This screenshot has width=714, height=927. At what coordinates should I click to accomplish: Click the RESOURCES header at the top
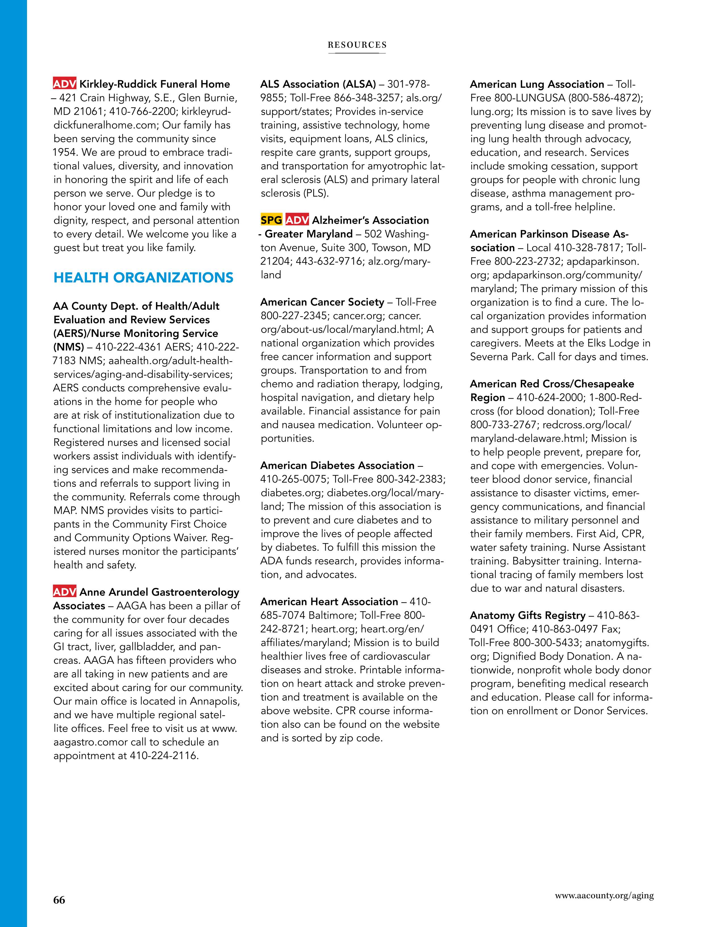[357, 45]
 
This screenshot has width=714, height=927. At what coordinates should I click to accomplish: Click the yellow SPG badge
[271, 220]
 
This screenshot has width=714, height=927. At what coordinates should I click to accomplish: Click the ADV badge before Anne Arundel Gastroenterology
[65, 592]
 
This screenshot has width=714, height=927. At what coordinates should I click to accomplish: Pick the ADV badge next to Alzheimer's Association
[297, 220]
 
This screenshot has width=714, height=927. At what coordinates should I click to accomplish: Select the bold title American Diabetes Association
[337, 465]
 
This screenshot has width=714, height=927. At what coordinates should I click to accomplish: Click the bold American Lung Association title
[537, 84]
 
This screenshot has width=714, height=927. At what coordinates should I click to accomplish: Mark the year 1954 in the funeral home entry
[66, 152]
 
